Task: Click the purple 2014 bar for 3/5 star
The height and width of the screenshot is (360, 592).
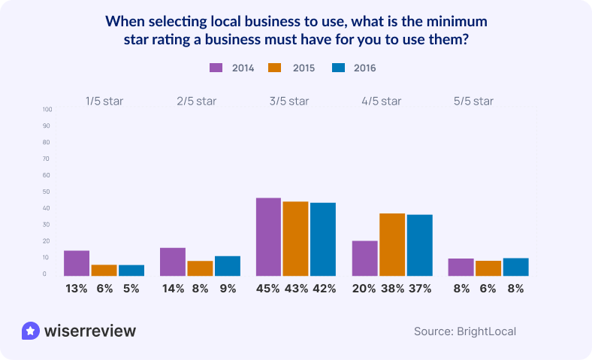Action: [x=268, y=237]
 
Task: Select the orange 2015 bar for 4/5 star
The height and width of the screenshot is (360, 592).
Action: [x=392, y=244]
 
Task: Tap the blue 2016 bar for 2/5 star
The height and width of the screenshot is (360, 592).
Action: [x=227, y=265]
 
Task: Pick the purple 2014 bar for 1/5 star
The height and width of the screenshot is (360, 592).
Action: [x=77, y=262]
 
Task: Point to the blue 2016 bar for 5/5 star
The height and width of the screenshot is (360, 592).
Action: [x=515, y=267]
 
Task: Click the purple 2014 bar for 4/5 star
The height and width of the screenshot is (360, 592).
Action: [x=365, y=258]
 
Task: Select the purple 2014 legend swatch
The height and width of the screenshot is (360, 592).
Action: [x=216, y=68]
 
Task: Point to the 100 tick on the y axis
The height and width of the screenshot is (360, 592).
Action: [x=47, y=110]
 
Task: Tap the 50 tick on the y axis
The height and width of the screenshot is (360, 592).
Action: [x=47, y=192]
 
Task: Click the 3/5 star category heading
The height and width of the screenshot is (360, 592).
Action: [x=288, y=101]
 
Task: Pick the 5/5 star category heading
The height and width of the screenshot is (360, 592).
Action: [x=473, y=101]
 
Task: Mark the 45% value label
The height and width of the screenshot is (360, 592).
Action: [x=269, y=288]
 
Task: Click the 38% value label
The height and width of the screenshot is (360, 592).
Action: [x=392, y=288]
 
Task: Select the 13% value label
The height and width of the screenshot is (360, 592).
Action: [x=77, y=288]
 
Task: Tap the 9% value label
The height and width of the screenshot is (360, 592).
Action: [x=227, y=288]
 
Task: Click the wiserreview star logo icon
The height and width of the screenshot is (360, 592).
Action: [x=31, y=331]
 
